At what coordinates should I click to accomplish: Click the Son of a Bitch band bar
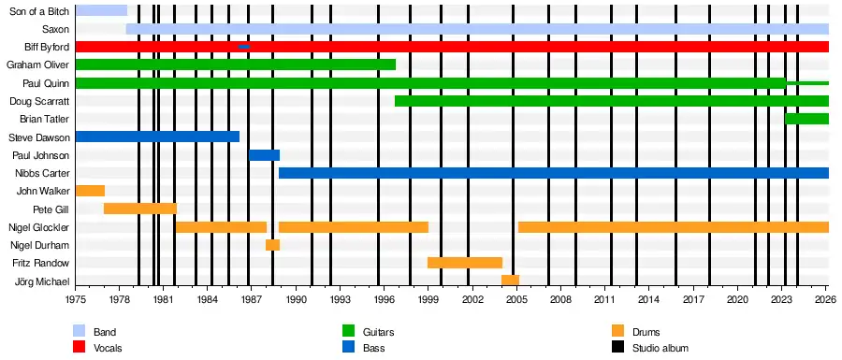(x=101, y=10)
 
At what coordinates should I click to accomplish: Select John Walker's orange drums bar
(x=90, y=191)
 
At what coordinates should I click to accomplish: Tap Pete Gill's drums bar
(x=140, y=209)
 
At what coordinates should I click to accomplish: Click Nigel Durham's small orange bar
(x=273, y=245)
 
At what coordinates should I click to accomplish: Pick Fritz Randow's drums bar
(x=465, y=263)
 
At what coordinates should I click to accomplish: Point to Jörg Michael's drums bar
(x=510, y=281)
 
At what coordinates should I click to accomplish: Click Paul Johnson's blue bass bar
(x=264, y=155)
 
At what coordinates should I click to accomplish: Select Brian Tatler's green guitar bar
(x=807, y=119)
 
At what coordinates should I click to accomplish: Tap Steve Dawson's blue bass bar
(x=157, y=137)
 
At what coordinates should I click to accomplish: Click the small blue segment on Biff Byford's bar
(x=244, y=47)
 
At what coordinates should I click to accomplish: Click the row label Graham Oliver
(x=37, y=65)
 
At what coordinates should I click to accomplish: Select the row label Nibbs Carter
(x=42, y=173)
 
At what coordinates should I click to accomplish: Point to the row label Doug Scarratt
(x=39, y=101)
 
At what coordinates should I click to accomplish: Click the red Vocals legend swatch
(x=79, y=348)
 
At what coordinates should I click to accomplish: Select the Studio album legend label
(x=661, y=348)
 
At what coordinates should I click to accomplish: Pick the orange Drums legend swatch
(x=617, y=332)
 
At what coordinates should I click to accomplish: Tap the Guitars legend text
(x=379, y=332)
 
